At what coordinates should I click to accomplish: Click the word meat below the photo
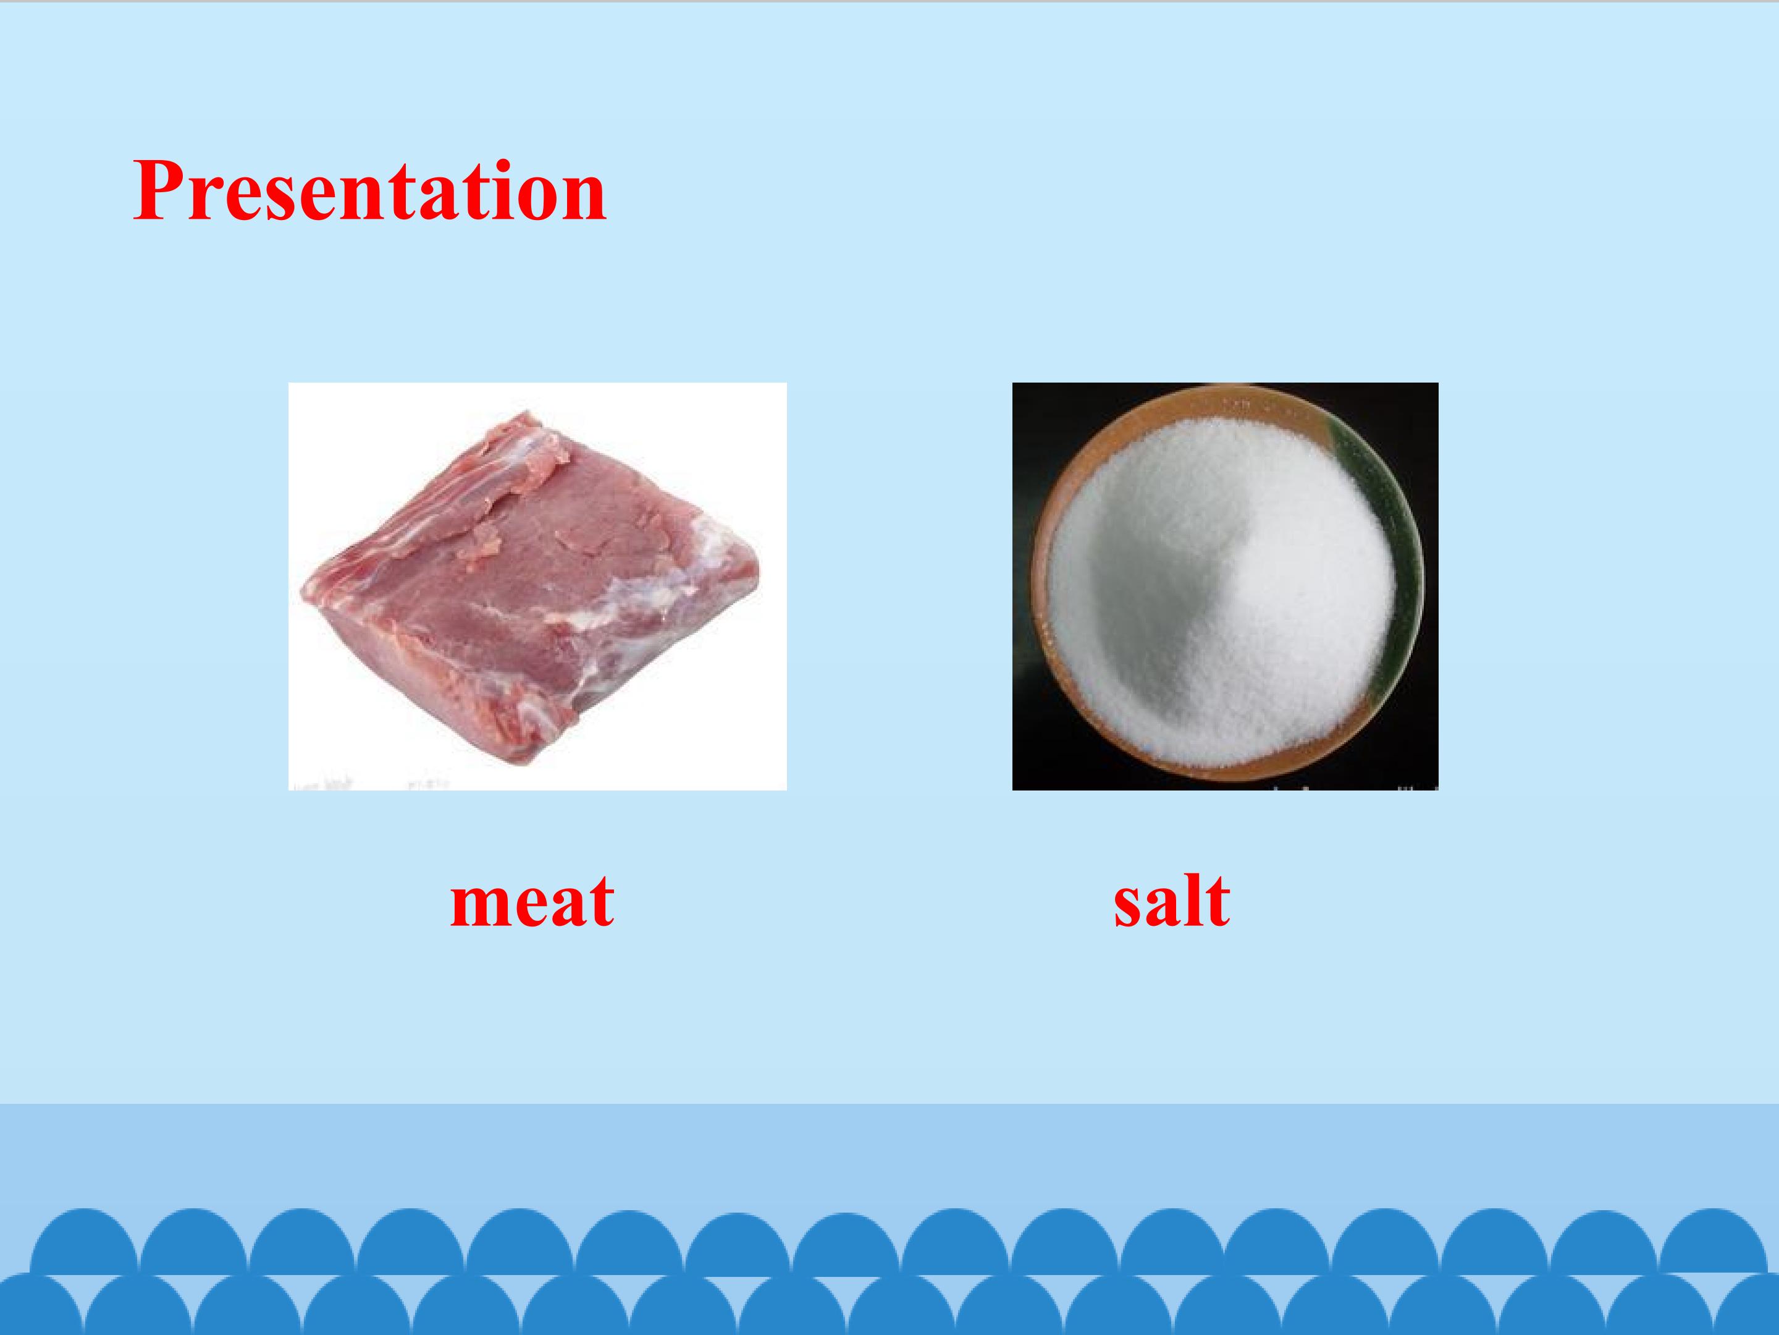[x=532, y=901]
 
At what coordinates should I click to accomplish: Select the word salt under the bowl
[x=1171, y=901]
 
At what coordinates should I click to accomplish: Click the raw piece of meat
[x=531, y=587]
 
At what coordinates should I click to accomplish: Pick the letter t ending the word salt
[x=1217, y=901]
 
